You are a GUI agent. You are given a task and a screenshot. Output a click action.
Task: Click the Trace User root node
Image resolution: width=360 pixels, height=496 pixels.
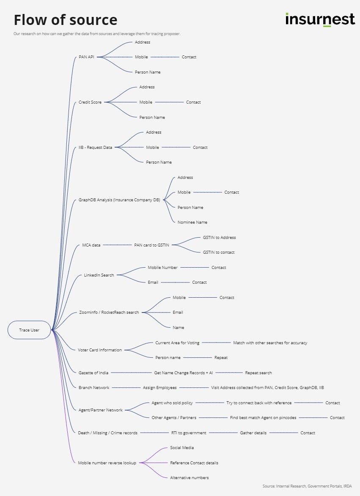[29, 330]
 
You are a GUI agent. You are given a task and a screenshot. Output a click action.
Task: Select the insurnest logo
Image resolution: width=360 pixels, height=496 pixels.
[320, 19]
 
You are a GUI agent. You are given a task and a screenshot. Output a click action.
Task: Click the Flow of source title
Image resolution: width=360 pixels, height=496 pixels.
[66, 20]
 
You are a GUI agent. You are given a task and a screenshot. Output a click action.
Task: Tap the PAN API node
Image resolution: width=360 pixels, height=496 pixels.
[86, 57]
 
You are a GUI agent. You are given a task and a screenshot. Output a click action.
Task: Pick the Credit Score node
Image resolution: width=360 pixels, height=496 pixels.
[90, 102]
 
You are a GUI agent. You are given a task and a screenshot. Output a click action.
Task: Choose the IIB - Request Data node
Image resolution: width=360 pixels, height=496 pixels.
[96, 148]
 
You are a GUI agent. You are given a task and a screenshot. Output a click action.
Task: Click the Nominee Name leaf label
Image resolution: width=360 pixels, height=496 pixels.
[192, 222]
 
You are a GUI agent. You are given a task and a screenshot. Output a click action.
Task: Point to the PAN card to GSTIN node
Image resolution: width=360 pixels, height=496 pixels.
[151, 245]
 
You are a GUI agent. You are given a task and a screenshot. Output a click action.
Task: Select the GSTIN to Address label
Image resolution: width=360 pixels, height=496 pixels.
[219, 238]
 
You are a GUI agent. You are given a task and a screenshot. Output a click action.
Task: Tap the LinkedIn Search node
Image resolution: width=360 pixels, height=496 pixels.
[99, 275]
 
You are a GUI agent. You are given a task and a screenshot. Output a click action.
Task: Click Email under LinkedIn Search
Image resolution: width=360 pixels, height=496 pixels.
[153, 282]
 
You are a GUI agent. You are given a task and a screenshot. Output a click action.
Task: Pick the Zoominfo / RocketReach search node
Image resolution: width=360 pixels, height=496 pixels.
[109, 312]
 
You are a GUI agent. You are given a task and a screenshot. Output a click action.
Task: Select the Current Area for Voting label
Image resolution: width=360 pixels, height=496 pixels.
[177, 343]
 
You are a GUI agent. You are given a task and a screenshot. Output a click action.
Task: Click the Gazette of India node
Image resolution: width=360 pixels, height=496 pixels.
[93, 373]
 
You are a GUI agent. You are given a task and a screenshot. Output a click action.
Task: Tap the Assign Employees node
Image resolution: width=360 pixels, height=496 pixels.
[159, 388]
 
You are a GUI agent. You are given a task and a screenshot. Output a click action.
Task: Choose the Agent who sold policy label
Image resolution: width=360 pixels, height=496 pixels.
[172, 403]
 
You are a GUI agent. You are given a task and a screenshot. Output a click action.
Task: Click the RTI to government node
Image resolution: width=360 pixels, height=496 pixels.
[189, 433]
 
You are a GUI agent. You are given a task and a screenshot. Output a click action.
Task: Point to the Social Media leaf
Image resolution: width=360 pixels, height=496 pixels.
[182, 448]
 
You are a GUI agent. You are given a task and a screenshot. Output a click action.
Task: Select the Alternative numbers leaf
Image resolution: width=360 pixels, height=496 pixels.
[189, 478]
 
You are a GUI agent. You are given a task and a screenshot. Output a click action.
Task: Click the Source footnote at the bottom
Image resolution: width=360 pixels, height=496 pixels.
[307, 486]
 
